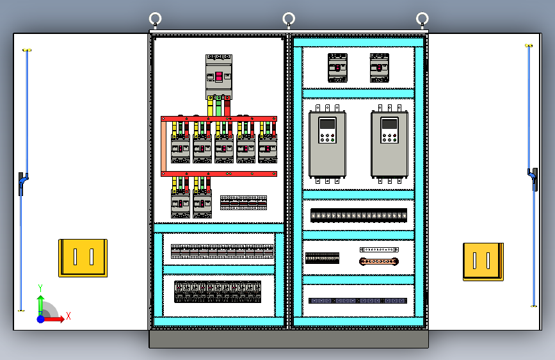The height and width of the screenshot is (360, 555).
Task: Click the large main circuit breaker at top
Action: click(x=219, y=76)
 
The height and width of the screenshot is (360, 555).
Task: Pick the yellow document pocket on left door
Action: click(x=83, y=258)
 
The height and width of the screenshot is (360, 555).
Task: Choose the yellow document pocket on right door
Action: click(x=483, y=262)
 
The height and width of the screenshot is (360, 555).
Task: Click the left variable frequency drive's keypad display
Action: click(x=327, y=124)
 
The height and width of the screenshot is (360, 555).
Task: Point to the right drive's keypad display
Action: click(x=389, y=124)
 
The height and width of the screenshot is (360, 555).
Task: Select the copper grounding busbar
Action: click(x=379, y=261)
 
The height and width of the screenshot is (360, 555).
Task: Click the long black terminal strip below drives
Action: click(x=358, y=215)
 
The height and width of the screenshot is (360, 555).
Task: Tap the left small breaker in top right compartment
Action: click(x=337, y=68)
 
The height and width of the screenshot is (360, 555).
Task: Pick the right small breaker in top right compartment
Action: click(x=380, y=68)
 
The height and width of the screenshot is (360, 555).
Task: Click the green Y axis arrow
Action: click(x=40, y=303)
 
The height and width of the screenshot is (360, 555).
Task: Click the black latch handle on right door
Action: click(x=534, y=179)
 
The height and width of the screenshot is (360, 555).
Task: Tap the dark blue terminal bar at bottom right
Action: click(x=357, y=301)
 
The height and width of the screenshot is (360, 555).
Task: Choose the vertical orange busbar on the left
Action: click(x=163, y=146)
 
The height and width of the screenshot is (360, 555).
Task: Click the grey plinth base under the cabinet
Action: click(x=289, y=339)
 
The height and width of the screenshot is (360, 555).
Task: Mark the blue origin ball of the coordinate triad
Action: click(x=41, y=319)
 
